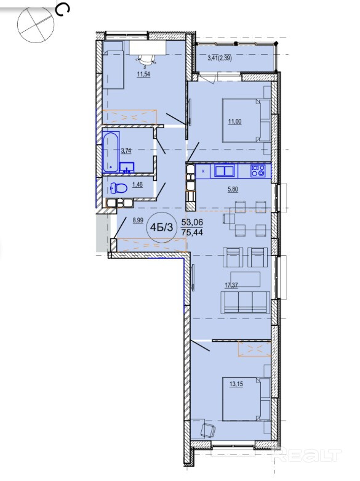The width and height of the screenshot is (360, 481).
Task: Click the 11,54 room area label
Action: (x=143, y=74)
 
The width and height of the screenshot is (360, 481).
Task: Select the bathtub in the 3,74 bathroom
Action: (x=111, y=152)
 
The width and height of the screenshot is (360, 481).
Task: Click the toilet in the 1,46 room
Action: (x=119, y=188)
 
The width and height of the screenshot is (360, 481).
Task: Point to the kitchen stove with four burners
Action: (x=258, y=171)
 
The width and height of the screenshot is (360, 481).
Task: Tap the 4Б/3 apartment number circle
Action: (x=162, y=227)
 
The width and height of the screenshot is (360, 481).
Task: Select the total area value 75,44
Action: (x=192, y=233)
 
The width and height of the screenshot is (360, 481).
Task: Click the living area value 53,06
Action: (x=192, y=222)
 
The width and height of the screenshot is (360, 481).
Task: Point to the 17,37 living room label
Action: (x=231, y=285)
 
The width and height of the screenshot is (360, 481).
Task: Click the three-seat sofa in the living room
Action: (x=246, y=302)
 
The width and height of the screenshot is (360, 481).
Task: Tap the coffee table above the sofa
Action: (x=246, y=279)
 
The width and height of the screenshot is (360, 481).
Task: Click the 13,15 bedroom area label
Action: (x=236, y=384)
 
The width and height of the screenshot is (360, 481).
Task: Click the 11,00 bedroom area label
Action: (x=234, y=121)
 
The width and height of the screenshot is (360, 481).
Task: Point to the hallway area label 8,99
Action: (x=138, y=220)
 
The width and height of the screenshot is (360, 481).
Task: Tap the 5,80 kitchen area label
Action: (x=233, y=189)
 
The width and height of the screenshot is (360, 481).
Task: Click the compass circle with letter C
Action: (x=36, y=24)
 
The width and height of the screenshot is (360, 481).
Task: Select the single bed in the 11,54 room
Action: (x=113, y=65)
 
